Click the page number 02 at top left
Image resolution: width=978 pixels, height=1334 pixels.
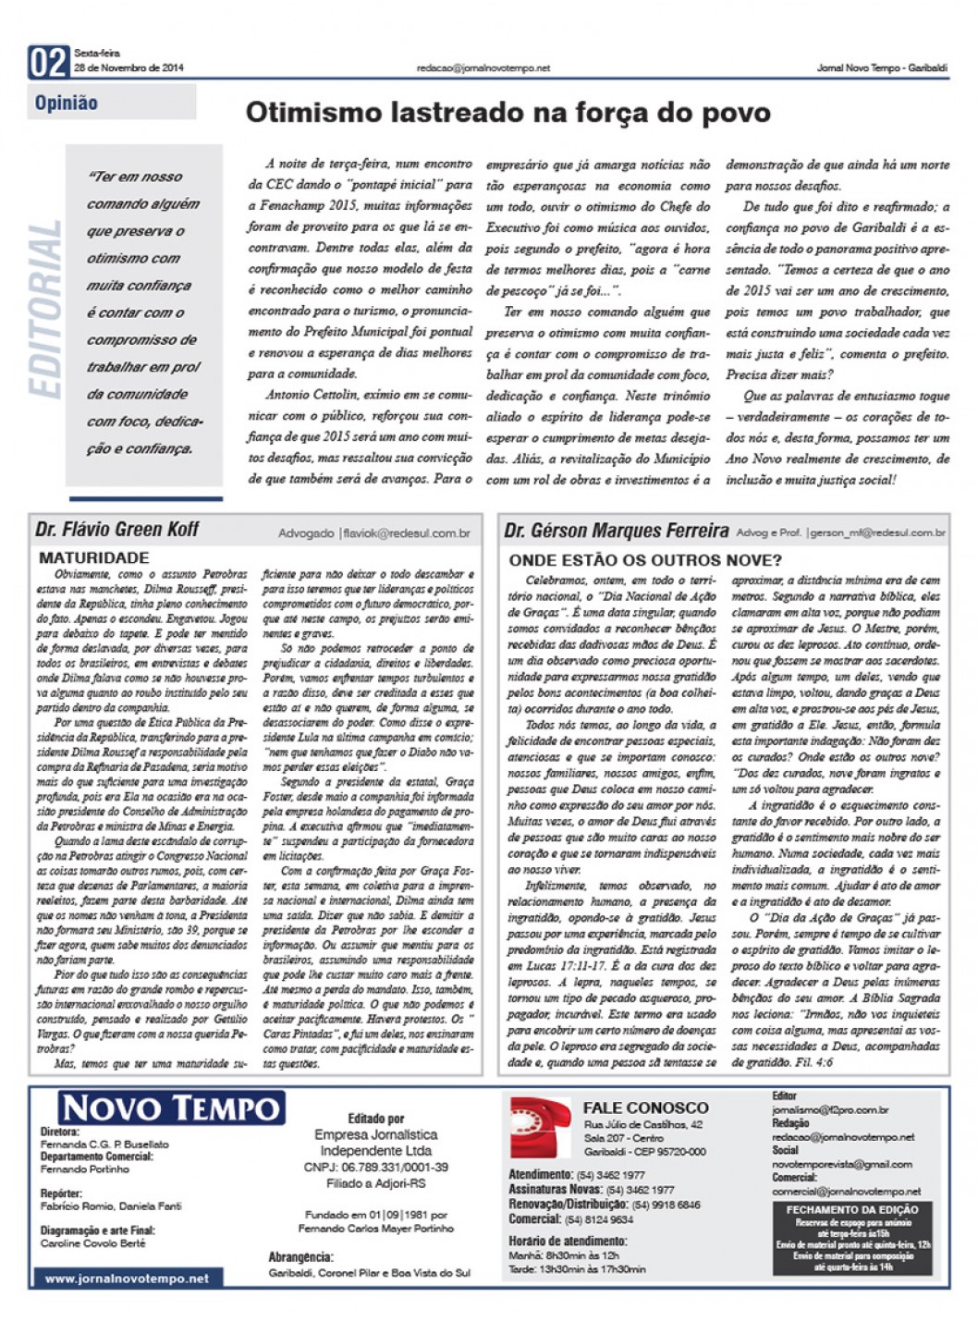pyautogui.click(x=49, y=62)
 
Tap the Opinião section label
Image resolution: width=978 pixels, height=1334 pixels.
pyautogui.click(x=67, y=103)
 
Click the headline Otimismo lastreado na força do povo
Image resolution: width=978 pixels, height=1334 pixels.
pyautogui.click(x=507, y=113)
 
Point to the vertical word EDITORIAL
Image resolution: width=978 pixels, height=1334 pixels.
pyautogui.click(x=46, y=310)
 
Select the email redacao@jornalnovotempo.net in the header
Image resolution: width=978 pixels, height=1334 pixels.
pyautogui.click(x=483, y=68)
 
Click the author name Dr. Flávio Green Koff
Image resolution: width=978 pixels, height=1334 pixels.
pyautogui.click(x=117, y=530)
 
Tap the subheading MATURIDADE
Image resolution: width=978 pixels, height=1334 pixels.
pyautogui.click(x=94, y=557)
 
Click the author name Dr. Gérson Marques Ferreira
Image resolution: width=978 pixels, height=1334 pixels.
pyautogui.click(x=616, y=531)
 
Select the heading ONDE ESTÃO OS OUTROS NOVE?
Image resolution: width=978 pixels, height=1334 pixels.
pyautogui.click(x=645, y=559)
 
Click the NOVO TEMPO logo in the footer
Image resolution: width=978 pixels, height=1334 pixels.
pyautogui.click(x=172, y=1108)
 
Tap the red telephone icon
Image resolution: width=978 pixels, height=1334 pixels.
pyautogui.click(x=541, y=1127)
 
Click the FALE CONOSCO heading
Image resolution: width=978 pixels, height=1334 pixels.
pyautogui.click(x=645, y=1108)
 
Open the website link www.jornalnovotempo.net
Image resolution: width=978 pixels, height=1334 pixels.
pyautogui.click(x=127, y=1279)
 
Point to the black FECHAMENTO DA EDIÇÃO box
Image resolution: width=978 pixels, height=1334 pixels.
pyautogui.click(x=851, y=1238)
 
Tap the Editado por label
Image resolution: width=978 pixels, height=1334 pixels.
pyautogui.click(x=376, y=1119)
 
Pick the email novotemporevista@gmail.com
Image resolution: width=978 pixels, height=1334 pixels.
pyautogui.click(x=842, y=1164)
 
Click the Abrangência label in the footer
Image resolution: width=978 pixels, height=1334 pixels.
pyautogui.click(x=300, y=1257)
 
